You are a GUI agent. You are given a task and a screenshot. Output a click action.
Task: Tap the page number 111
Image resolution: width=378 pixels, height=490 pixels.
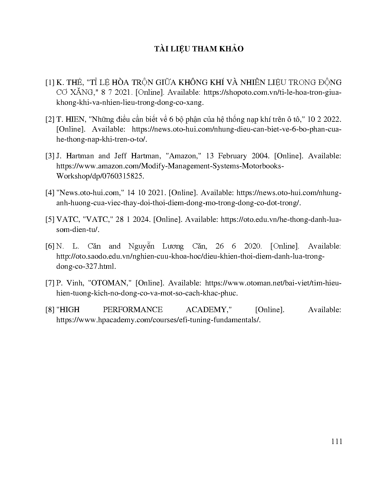pyautogui.click(x=336, y=441)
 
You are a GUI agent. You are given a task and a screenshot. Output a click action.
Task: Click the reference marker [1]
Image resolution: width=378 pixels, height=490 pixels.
pyautogui.click(x=50, y=82)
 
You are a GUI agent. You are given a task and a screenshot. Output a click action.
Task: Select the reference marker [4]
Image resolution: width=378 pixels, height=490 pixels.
pyautogui.click(x=50, y=193)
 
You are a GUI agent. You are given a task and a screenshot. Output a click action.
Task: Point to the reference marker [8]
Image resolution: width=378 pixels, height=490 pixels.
pyautogui.click(x=50, y=310)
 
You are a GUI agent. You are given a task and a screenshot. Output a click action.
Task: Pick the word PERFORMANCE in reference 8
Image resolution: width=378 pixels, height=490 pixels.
pyautogui.click(x=133, y=310)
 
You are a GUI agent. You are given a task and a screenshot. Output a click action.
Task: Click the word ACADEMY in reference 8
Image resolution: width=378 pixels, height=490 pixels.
pyautogui.click(x=208, y=310)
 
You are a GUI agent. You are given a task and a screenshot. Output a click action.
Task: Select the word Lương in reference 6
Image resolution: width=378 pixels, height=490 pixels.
pyautogui.click(x=173, y=246)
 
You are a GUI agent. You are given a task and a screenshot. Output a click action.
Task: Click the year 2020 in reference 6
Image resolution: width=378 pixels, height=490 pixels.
pyautogui.click(x=253, y=246)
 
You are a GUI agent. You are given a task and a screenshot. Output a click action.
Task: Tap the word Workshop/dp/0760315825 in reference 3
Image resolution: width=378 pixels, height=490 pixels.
pyautogui.click(x=100, y=176)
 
